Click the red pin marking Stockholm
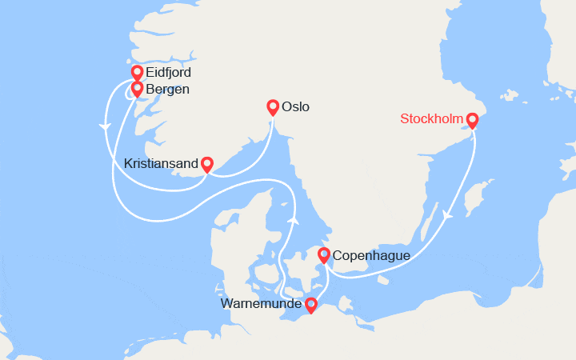[472, 120]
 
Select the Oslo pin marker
[273, 106]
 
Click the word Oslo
[295, 106]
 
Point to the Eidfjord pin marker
[137, 72]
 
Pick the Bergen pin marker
[137, 88]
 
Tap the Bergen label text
[167, 89]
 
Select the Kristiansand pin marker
[206, 163]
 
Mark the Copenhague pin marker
[324, 255]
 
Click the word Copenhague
[371, 256]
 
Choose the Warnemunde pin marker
[310, 304]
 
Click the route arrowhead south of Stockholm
[446, 215]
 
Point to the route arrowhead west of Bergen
[104, 126]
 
